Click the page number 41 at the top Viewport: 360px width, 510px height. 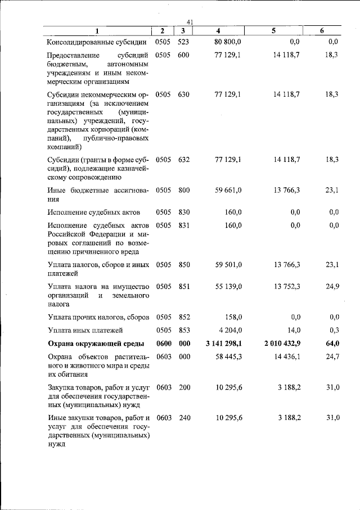click(190, 22)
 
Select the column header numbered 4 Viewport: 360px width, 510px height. click(218, 31)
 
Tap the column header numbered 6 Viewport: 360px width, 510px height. click(321, 31)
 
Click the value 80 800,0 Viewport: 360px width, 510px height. click(228, 42)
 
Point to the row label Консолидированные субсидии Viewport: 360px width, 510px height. click(97, 42)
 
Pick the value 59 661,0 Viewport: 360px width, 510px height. click(228, 190)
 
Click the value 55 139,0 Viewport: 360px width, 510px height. click(228, 286)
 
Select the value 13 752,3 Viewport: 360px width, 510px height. click(287, 286)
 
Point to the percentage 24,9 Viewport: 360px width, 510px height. click(332, 286)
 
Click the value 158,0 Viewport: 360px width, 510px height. click(232, 317)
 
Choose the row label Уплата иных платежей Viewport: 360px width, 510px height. click(85, 330)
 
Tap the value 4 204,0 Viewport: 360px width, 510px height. click(230, 330)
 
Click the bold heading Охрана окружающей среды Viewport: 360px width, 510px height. click(96, 344)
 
